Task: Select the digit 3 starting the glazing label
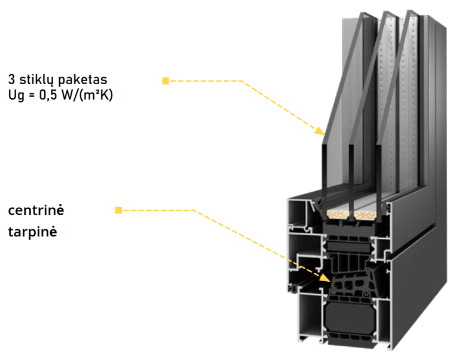(11, 79)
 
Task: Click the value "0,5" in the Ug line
(48, 95)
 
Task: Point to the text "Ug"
(16, 96)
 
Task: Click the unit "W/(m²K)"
(87, 96)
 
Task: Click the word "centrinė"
(36, 210)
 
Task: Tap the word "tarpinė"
(32, 232)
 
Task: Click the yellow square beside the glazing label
(166, 81)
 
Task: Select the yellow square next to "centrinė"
(118, 210)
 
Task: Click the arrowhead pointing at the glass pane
(320, 131)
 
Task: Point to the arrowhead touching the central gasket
(325, 278)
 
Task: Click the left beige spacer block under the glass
(337, 215)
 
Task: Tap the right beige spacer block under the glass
(365, 216)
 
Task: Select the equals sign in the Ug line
(32, 96)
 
